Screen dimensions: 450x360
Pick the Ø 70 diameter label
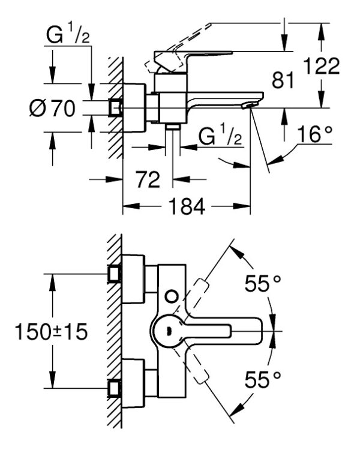coord(52,109)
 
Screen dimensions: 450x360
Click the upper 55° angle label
coord(263,284)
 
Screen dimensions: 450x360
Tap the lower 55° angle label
coord(263,379)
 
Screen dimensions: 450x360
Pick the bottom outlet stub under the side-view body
coord(173,127)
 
